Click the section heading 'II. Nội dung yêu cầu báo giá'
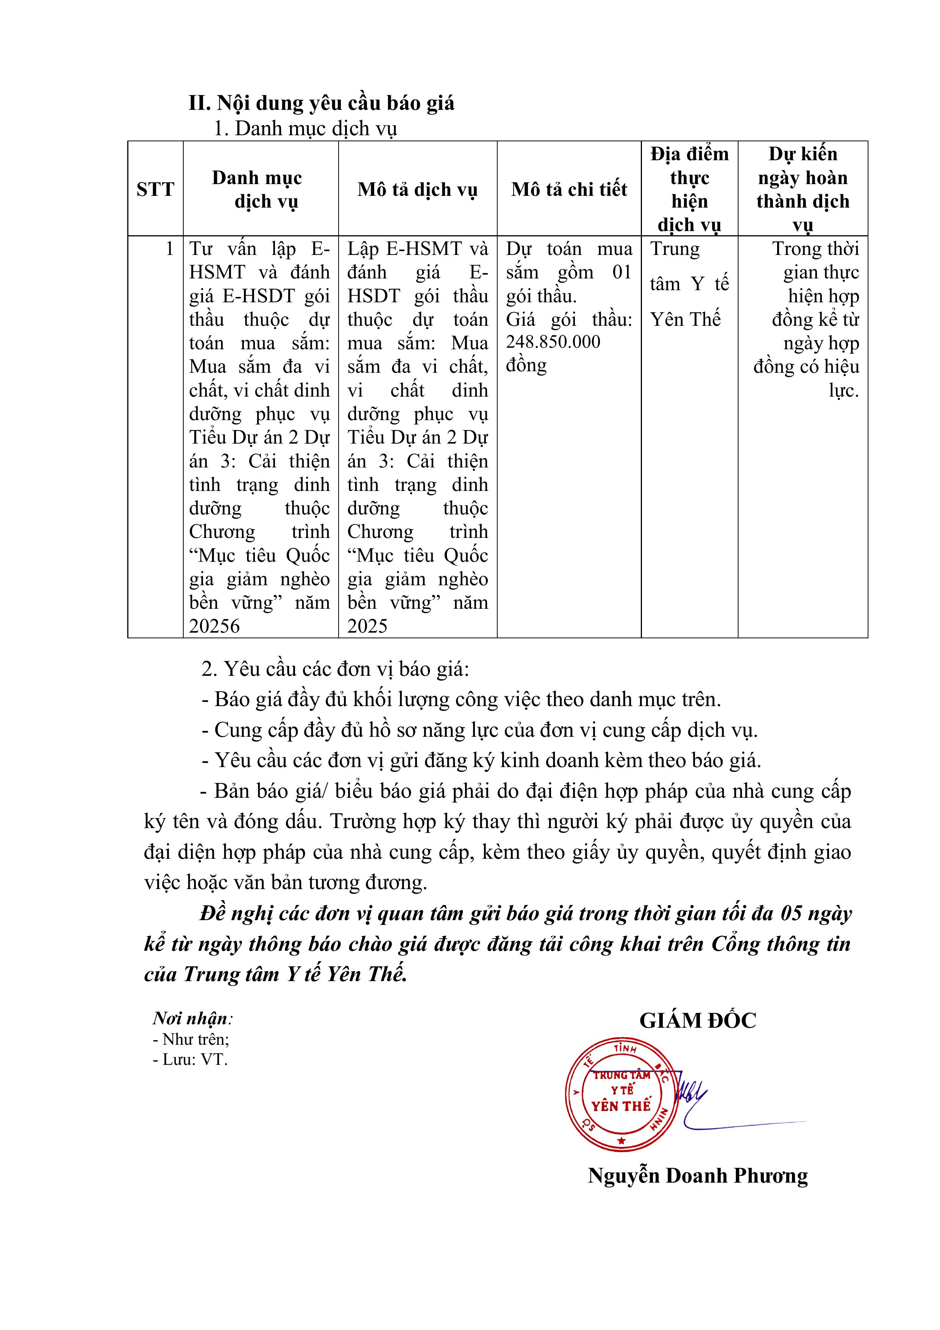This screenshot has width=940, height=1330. tap(322, 103)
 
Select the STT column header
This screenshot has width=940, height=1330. tap(155, 189)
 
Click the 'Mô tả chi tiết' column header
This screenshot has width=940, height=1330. tap(569, 189)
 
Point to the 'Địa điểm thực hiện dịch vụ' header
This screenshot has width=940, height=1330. tap(689, 189)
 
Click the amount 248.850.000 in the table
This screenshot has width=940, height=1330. tap(553, 342)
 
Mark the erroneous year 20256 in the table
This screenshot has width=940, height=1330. tap(214, 626)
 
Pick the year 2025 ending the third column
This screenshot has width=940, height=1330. tap(367, 626)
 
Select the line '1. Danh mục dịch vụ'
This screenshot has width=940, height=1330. tap(305, 128)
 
